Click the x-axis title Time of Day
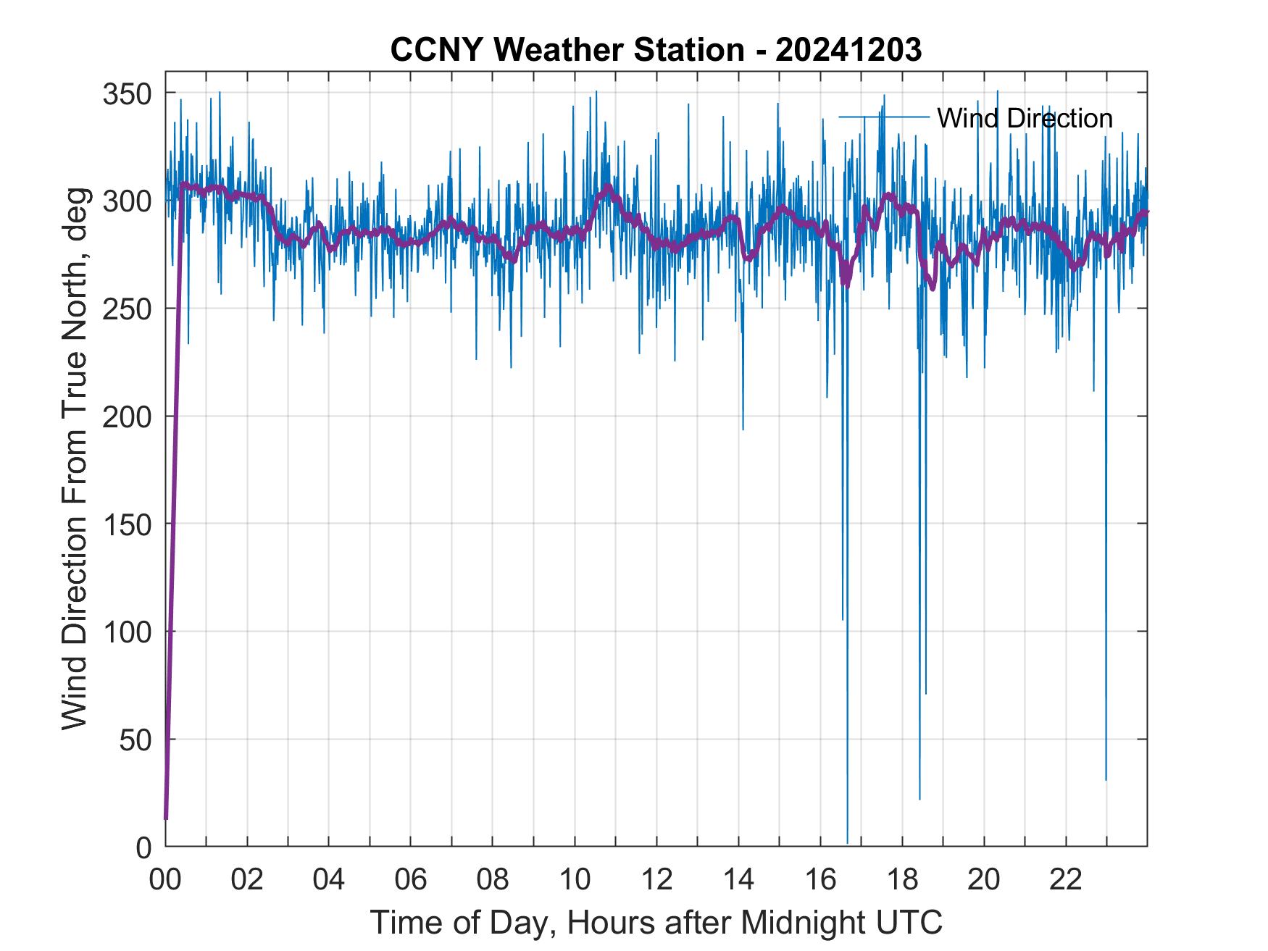pos(656,923)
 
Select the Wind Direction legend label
pos(1025,118)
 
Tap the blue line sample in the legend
pos(883,116)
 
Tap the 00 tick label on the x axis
pos(165,880)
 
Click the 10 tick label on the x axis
pos(575,880)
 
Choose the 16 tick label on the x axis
pos(820,880)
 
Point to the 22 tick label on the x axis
pos(1066,880)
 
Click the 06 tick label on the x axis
pos(411,880)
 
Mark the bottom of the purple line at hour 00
pos(166,818)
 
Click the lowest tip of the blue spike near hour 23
pos(1106,779)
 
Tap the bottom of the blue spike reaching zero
pos(847,843)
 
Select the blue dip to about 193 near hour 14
pos(743,430)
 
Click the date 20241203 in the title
pos(848,51)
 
